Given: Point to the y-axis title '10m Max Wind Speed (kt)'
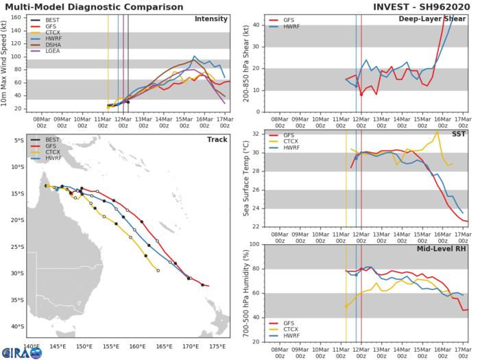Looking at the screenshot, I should click(8, 61).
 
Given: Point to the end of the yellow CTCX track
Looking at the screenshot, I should click(158, 271).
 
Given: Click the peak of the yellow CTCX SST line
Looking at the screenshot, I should click(437, 132).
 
